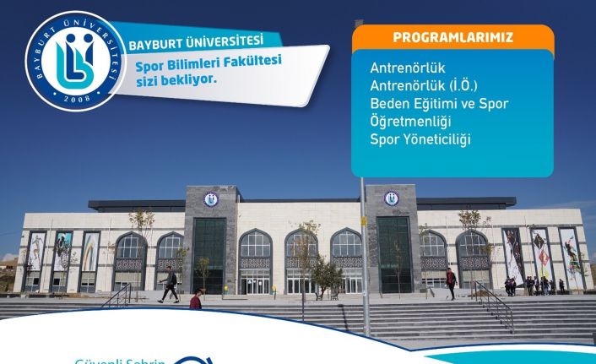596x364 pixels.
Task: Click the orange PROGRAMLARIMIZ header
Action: (452, 38)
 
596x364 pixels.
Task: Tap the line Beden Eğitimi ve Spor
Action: (439, 103)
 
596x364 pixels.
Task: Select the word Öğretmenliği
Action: (409, 121)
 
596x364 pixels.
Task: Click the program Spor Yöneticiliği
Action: (420, 139)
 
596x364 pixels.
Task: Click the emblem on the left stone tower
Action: (210, 200)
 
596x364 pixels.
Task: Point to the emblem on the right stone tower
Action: (392, 198)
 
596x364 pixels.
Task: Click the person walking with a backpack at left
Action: (171, 284)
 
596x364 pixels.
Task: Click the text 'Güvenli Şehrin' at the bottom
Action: (118, 358)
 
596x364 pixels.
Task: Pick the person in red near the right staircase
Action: (451, 282)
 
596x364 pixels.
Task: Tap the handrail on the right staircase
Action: (494, 302)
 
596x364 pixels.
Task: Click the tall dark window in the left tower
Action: (209, 253)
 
